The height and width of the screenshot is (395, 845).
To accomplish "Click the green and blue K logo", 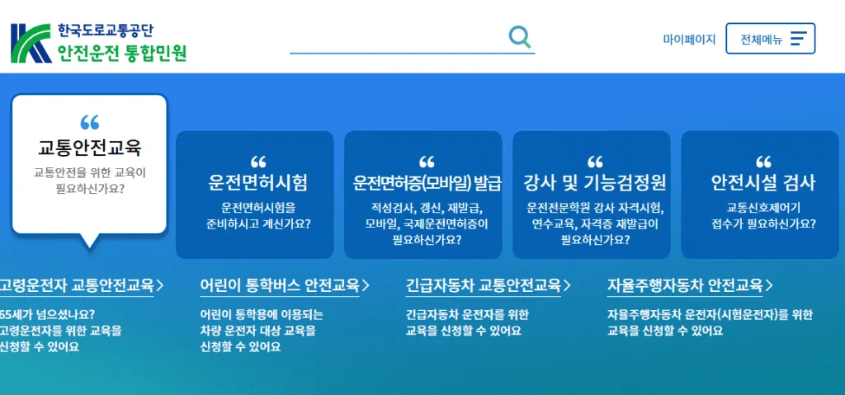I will pyautogui.click(x=31, y=43).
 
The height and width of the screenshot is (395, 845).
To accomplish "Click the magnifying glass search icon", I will pyautogui.click(x=520, y=37).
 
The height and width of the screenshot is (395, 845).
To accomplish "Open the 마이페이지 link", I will pyautogui.click(x=689, y=39).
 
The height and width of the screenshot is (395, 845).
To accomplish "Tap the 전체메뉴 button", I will pyautogui.click(x=770, y=39).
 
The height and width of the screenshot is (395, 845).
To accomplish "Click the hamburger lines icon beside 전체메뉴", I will pyautogui.click(x=798, y=39).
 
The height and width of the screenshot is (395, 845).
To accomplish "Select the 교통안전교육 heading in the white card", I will pyautogui.click(x=90, y=148).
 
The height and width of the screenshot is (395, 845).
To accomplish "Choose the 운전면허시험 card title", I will pyautogui.click(x=257, y=182).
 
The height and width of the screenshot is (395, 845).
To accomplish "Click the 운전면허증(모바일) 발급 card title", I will pyautogui.click(x=427, y=182).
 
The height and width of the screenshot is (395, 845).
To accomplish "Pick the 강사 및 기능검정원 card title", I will pyautogui.click(x=595, y=182).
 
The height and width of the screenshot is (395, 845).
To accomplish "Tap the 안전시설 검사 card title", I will pyautogui.click(x=763, y=182).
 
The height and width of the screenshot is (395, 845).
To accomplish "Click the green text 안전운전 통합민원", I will pyautogui.click(x=122, y=54).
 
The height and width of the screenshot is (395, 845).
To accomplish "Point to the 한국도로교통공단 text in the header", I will pyautogui.click(x=104, y=31).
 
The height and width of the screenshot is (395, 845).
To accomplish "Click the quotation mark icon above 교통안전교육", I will pyautogui.click(x=89, y=124).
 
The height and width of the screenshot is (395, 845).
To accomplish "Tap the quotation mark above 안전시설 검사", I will pyautogui.click(x=763, y=162).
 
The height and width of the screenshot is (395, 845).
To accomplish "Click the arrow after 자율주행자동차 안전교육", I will pyautogui.click(x=769, y=286).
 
